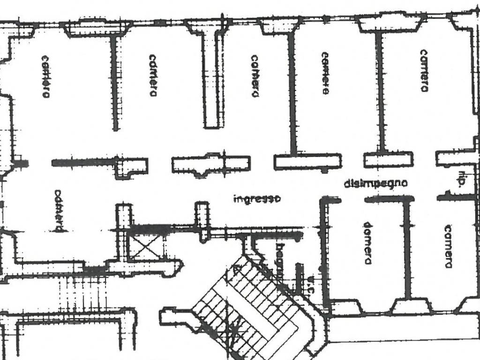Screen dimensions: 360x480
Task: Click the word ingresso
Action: [x=257, y=199]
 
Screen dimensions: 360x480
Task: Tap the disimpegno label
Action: [x=375, y=183]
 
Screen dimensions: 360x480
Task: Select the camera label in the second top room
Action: [x=152, y=75]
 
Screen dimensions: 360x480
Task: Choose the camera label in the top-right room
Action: [x=424, y=71]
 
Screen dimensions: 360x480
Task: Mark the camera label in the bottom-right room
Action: [x=448, y=247]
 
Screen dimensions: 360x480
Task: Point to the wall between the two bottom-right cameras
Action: [x=407, y=248]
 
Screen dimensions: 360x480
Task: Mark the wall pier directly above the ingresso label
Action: [x=211, y=165]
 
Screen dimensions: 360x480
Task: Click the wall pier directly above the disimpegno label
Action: [x=388, y=160]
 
